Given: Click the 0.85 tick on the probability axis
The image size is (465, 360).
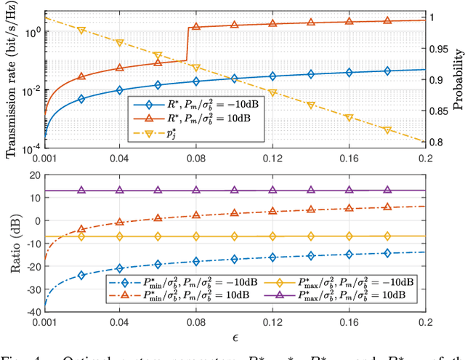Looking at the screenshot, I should (438, 111).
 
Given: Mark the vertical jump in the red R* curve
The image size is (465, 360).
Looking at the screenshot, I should (187, 44).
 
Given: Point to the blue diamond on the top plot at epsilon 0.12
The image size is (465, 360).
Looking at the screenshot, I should (273, 76).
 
